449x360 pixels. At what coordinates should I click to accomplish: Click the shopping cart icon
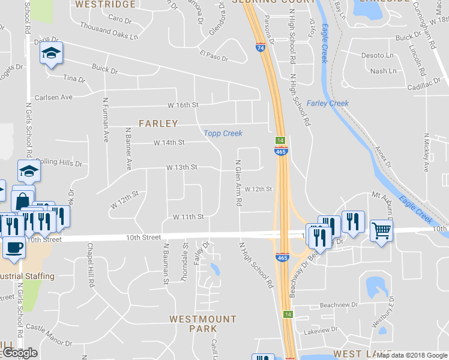click(x=381, y=229)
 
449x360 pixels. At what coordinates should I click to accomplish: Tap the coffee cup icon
click(x=13, y=246)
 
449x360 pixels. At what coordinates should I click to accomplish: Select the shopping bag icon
click(x=23, y=198)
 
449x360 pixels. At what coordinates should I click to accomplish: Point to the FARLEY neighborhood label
click(x=158, y=124)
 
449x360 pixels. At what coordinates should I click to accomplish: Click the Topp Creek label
click(x=223, y=133)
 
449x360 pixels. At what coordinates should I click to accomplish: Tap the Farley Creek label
click(x=328, y=103)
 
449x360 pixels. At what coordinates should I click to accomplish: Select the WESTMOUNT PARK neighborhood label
click(x=203, y=324)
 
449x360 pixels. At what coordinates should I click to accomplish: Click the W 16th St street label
click(x=182, y=105)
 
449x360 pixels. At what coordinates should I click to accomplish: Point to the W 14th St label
click(x=169, y=143)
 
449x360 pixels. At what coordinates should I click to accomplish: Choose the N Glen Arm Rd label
click(x=238, y=183)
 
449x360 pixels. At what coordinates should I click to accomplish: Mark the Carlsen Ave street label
click(x=53, y=97)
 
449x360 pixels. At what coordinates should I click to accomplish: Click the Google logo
click(x=19, y=353)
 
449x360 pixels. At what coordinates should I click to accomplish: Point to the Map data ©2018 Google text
click(x=411, y=355)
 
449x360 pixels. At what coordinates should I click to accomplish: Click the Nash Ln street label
click(x=384, y=71)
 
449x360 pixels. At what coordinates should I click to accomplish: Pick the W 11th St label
click(x=188, y=217)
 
